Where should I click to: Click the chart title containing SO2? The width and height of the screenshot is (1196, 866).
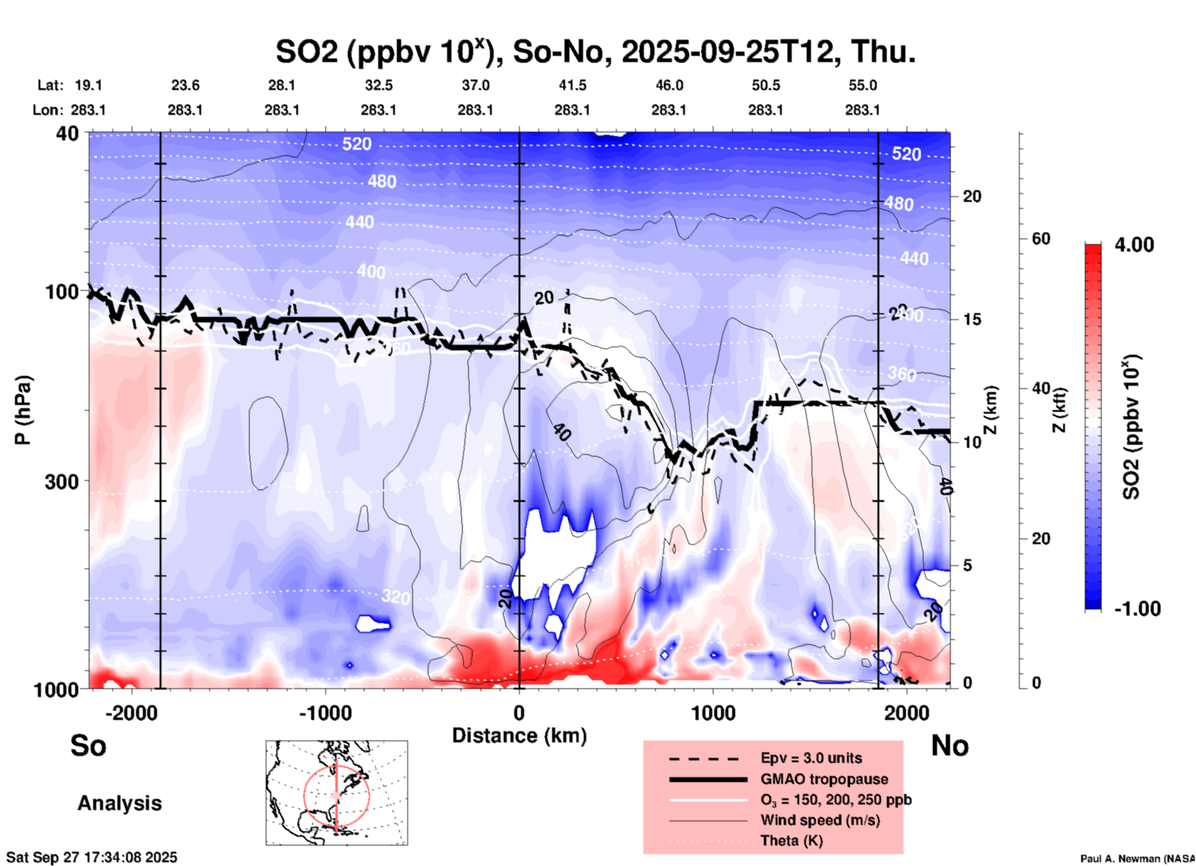[x=596, y=52]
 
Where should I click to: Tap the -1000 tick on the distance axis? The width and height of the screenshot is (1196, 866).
[x=325, y=713]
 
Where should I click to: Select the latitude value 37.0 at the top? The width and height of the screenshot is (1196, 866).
[x=475, y=85]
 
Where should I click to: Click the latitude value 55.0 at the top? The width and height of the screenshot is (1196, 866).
[x=863, y=85]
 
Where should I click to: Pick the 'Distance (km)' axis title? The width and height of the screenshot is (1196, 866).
[x=519, y=736]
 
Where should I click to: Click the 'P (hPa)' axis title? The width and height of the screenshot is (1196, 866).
[x=23, y=410]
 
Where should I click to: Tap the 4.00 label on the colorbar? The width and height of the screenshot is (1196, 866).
[x=1134, y=245]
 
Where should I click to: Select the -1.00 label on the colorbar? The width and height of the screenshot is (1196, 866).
[x=1137, y=608]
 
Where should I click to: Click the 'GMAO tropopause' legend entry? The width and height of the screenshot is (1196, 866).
[x=824, y=779]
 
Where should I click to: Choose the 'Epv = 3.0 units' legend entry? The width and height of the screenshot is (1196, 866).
[x=811, y=758]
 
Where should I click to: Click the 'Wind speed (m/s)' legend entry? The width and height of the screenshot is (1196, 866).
[x=820, y=820]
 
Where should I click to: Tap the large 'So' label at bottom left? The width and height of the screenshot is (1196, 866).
[x=88, y=745]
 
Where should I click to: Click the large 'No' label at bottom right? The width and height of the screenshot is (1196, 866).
[x=949, y=745]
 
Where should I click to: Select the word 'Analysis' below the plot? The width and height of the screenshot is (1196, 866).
[x=119, y=803]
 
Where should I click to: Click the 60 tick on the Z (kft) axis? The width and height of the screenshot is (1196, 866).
[x=1041, y=239]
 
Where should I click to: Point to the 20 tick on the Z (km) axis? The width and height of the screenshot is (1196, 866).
[x=972, y=196]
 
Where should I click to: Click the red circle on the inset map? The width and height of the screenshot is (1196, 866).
[x=304, y=796]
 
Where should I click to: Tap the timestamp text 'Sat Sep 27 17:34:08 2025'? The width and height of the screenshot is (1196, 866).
[x=92, y=857]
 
